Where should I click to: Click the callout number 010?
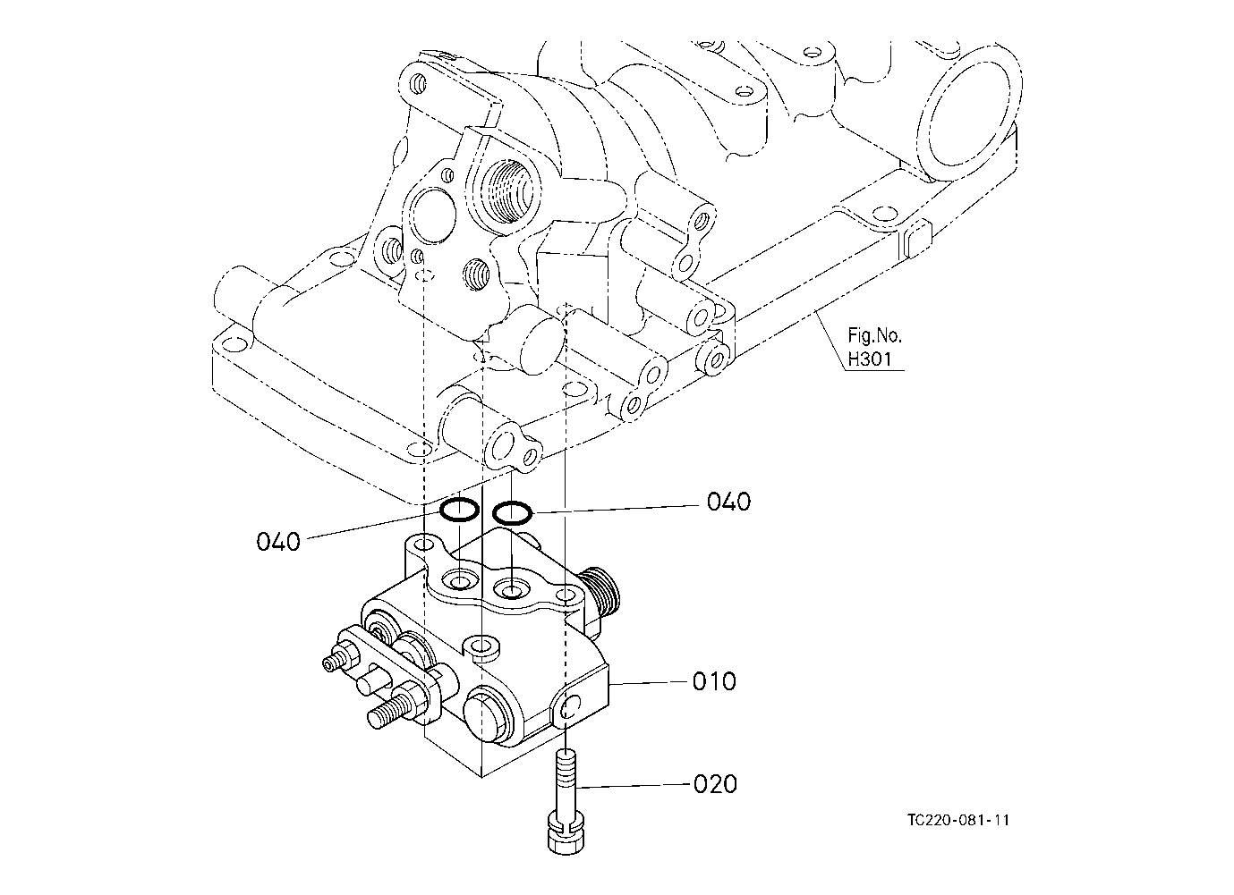714,681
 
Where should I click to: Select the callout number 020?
715,784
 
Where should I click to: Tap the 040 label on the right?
728,502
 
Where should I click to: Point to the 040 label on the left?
278,542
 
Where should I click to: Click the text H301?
869,359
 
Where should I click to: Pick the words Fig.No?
874,335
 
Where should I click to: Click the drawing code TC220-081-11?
958,820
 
